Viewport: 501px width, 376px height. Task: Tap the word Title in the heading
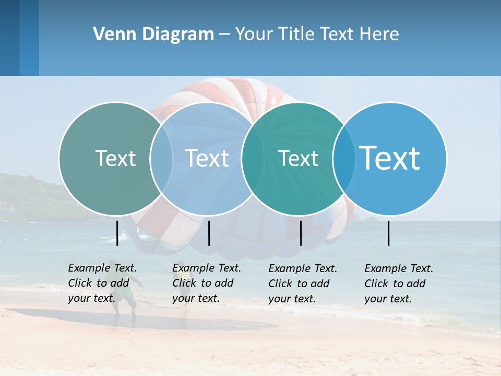295,34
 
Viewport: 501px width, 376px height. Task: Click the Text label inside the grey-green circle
115,158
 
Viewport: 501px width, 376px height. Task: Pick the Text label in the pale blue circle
207,158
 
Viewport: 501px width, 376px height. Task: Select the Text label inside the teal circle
298,158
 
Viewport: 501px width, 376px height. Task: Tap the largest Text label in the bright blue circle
390,158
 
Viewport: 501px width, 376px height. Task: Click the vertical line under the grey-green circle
117,233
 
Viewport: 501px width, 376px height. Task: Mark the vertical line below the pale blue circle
209,233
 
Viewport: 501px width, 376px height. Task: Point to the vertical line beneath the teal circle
301,233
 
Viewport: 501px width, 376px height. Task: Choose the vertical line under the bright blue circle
388,233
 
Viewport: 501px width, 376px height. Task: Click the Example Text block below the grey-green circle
102,283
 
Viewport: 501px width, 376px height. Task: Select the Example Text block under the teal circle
303,284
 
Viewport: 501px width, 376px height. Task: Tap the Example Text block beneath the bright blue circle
399,284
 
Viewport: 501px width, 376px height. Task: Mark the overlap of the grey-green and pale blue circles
161,159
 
